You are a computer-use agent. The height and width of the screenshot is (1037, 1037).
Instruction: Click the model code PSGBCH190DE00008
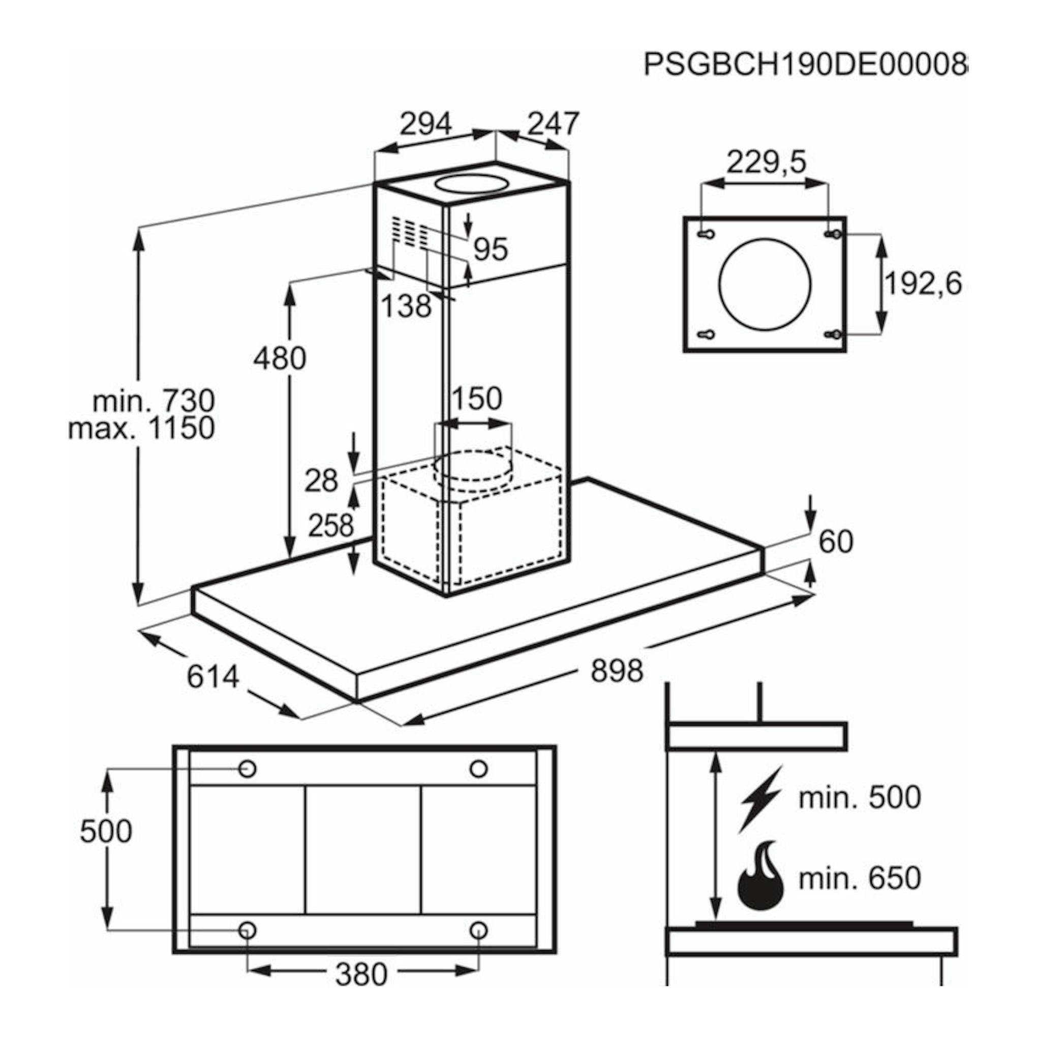click(x=805, y=65)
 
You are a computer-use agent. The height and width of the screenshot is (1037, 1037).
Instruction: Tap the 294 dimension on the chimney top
click(x=426, y=124)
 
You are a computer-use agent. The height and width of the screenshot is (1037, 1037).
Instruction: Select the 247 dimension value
click(x=553, y=124)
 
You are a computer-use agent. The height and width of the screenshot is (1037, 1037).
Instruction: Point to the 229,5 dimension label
click(x=767, y=161)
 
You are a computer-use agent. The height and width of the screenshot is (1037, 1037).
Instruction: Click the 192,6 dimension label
click(x=923, y=284)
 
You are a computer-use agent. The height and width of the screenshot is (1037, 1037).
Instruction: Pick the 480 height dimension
click(x=280, y=358)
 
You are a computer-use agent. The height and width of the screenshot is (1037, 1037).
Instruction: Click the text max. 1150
click(x=142, y=429)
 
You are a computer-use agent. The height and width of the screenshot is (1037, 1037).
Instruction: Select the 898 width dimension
click(x=617, y=670)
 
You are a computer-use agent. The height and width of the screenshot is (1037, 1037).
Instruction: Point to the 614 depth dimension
click(x=212, y=676)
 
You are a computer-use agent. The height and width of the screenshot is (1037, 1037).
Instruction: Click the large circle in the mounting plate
click(x=765, y=285)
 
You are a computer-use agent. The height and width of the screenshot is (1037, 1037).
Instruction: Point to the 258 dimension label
click(x=330, y=526)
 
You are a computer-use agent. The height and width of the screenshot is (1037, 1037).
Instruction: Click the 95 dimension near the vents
click(x=491, y=249)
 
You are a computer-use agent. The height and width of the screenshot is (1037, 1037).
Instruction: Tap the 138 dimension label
click(x=406, y=307)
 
